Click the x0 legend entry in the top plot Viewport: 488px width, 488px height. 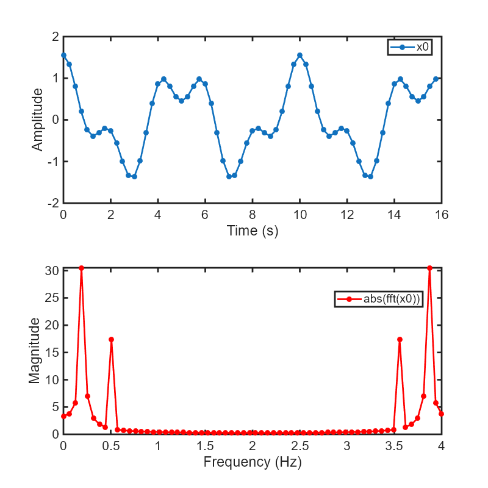click(x=410, y=47)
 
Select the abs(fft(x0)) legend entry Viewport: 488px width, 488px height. click(x=379, y=300)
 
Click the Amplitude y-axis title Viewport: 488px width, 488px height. click(x=38, y=120)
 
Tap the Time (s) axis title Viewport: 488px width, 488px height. click(x=253, y=231)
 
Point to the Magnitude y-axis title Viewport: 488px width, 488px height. click(x=35, y=351)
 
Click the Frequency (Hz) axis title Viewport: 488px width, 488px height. click(x=253, y=462)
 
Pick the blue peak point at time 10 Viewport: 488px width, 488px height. click(x=300, y=55)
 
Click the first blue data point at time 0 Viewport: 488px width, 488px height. click(x=63, y=55)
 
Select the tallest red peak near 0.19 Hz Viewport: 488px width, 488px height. click(x=81, y=268)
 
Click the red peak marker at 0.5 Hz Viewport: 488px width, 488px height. click(x=111, y=339)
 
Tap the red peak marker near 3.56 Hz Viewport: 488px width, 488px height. click(x=400, y=339)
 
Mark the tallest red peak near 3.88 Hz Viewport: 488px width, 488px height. click(x=429, y=268)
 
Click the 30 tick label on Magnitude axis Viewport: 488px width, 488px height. click(x=52, y=271)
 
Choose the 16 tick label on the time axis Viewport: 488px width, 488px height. click(x=441, y=215)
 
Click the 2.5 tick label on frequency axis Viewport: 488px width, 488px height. click(x=300, y=446)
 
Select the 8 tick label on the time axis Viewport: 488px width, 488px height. click(x=253, y=215)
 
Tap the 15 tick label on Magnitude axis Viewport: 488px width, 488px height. click(x=52, y=353)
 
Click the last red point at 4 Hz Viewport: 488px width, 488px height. click(x=441, y=414)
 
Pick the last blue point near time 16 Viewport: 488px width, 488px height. click(x=436, y=79)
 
